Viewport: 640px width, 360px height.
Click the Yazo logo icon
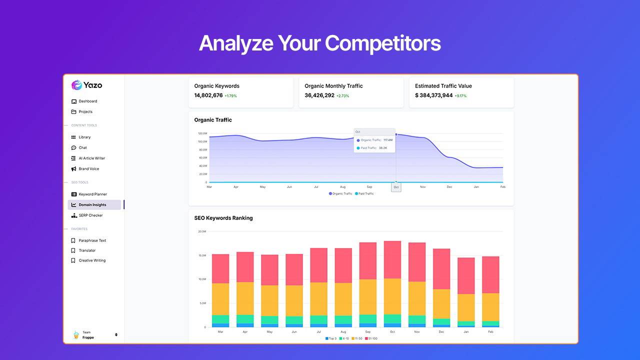pyautogui.click(x=76, y=85)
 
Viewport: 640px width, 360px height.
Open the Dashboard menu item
pyautogui.click(x=87, y=101)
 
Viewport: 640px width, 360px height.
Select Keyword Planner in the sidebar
pyautogui.click(x=92, y=194)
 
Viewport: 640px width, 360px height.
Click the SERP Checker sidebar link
pyautogui.click(x=90, y=215)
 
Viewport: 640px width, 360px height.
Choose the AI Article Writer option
pyautogui.click(x=91, y=158)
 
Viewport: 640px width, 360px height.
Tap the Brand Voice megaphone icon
pyautogui.click(x=74, y=169)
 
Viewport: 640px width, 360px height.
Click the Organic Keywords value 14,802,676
pyautogui.click(x=208, y=95)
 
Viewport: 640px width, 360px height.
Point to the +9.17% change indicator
pyautogui.click(x=460, y=96)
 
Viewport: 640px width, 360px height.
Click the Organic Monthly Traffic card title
pyautogui.click(x=333, y=86)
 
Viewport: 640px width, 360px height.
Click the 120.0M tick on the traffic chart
pyautogui.click(x=202, y=133)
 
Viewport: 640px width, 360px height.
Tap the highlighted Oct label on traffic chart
pyautogui.click(x=396, y=187)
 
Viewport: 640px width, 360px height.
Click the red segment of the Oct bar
pyautogui.click(x=392, y=259)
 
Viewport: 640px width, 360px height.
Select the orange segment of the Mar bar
pyautogui.click(x=220, y=299)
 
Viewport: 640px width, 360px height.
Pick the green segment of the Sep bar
pyautogui.click(x=368, y=318)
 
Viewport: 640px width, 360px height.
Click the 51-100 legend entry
pyautogui.click(x=371, y=338)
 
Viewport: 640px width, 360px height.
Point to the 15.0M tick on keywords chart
pyautogui.click(x=202, y=255)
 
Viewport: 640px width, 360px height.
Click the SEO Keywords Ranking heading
pyautogui.click(x=223, y=218)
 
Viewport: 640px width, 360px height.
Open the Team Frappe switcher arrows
pyautogui.click(x=116, y=334)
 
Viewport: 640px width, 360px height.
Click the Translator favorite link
pyautogui.click(x=87, y=250)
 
